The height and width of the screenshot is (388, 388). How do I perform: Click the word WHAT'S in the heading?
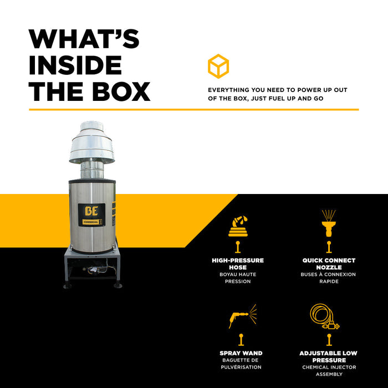pyautogui.click(x=84, y=39)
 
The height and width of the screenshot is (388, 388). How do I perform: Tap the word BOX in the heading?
pyautogui.click(x=121, y=91)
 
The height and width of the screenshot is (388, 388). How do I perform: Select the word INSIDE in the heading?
pyautogui.click(x=75, y=65)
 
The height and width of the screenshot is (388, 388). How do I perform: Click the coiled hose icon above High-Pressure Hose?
pyautogui.click(x=238, y=226)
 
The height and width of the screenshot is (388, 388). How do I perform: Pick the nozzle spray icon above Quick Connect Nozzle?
pyautogui.click(x=329, y=223)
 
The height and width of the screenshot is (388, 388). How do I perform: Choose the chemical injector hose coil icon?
pyautogui.click(x=324, y=316)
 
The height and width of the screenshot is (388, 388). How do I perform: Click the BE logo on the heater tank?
pyautogui.click(x=91, y=211)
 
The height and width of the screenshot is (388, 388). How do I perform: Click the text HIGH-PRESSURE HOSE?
pyautogui.click(x=238, y=264)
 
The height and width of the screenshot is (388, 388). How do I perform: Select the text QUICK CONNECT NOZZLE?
pyautogui.click(x=329, y=264)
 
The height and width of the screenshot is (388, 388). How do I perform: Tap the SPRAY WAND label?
pyautogui.click(x=241, y=353)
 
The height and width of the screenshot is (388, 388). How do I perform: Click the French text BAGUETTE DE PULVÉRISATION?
pyautogui.click(x=241, y=364)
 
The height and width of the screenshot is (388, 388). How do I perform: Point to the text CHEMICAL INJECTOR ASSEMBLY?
pyautogui.click(x=329, y=371)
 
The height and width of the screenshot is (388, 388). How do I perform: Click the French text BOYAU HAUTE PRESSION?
pyautogui.click(x=238, y=278)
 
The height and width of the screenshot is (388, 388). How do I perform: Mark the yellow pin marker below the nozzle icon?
pyautogui.click(x=329, y=247)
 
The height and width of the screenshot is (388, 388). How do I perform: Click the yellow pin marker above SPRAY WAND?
pyautogui.click(x=241, y=340)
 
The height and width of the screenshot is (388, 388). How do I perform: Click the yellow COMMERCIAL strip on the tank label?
pyautogui.click(x=91, y=222)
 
